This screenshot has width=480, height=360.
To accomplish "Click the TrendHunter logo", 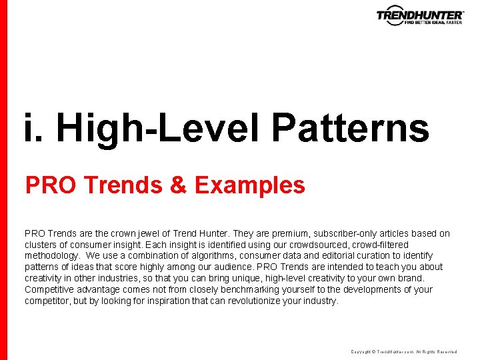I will point(419,16).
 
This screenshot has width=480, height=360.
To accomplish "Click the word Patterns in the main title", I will point(350,128).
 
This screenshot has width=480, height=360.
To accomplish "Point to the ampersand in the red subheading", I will point(178,185).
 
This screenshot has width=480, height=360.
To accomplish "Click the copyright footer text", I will point(403,351).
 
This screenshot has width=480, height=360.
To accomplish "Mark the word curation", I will point(379,256).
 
